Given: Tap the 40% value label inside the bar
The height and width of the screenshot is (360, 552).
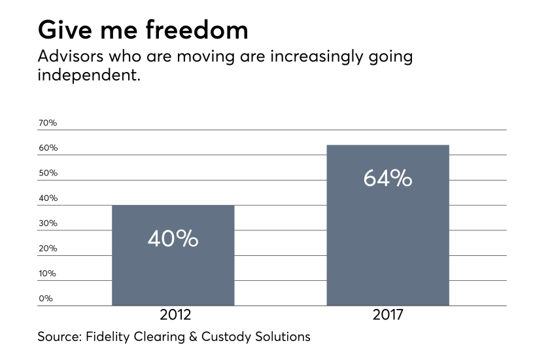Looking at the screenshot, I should pyautogui.click(x=173, y=239).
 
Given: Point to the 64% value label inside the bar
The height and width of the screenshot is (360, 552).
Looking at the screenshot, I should pyautogui.click(x=387, y=178).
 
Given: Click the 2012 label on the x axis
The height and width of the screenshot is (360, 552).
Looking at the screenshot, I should pyautogui.click(x=175, y=315).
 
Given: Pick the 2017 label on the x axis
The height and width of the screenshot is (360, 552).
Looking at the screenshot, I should pyautogui.click(x=388, y=315).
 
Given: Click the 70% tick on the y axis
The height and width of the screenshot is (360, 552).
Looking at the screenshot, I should pyautogui.click(x=48, y=123).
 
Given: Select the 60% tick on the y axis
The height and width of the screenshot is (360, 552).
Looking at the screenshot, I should pyautogui.click(x=48, y=148).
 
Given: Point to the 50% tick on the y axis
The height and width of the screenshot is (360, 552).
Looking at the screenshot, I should pyautogui.click(x=48, y=173).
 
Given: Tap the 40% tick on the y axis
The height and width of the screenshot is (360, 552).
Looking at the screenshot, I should pyautogui.click(x=48, y=198).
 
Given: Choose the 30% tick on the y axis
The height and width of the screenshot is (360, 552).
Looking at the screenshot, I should pyautogui.click(x=48, y=223).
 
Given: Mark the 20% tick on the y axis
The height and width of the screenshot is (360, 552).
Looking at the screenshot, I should pyautogui.click(x=48, y=249).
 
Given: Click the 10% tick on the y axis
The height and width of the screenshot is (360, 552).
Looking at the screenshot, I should pyautogui.click(x=48, y=274).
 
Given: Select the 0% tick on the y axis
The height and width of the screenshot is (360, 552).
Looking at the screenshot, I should pyautogui.click(x=46, y=298).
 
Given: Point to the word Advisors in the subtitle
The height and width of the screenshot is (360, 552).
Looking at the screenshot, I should pyautogui.click(x=71, y=56).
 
